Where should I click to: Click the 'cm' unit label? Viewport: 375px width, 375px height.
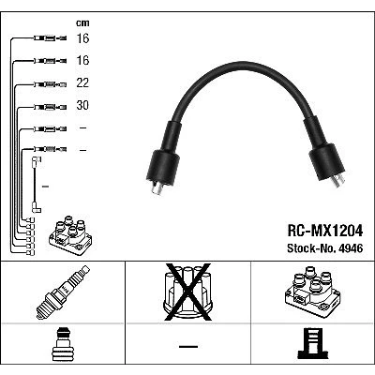[x=82, y=22]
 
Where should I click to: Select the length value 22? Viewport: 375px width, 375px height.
[x=82, y=82]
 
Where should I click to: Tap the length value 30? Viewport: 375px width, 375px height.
[x=82, y=105]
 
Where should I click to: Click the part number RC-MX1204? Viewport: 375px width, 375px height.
[x=325, y=231]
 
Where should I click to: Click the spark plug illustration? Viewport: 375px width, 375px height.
[x=63, y=292]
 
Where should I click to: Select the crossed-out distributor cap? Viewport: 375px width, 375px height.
[x=187, y=292]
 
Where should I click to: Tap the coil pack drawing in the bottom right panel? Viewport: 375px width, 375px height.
[x=312, y=292]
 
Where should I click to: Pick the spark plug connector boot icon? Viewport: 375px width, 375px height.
[x=63, y=344]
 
